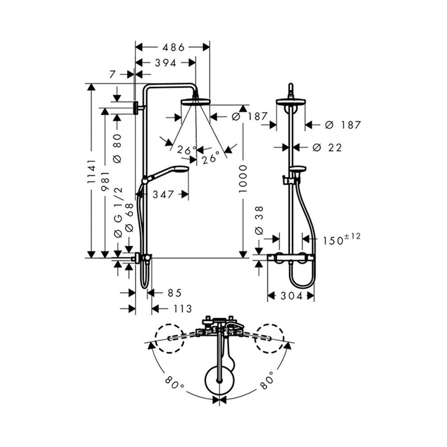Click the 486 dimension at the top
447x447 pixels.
click(173, 47)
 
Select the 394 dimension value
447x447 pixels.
click(166, 63)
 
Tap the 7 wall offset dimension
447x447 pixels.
click(112, 74)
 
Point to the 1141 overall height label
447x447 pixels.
click(92, 171)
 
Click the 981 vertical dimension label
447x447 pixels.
click(106, 181)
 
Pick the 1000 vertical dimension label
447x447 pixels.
click(243, 179)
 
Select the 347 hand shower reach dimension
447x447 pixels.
click(163, 195)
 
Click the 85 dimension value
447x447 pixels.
click(174, 293)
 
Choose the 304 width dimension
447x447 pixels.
click(291, 296)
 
